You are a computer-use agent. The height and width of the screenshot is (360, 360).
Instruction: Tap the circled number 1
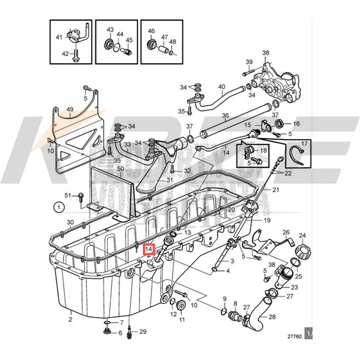coord(59,207)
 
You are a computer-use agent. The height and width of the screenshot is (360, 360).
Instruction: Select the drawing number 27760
coord(294,336)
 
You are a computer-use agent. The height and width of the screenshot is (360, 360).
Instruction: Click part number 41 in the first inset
coord(59,37)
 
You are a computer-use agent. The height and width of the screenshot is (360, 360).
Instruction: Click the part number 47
coord(164,37)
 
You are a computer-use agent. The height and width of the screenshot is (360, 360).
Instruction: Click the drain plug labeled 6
coord(106,331)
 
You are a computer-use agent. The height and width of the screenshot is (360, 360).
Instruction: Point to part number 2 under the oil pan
coord(70,319)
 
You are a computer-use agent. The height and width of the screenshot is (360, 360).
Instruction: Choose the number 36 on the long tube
coord(225,115)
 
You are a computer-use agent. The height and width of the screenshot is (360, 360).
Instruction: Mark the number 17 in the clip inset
coord(304,144)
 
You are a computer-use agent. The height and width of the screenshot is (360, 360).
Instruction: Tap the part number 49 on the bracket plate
coord(70,109)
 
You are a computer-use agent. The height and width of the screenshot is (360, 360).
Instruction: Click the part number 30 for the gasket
coord(70,222)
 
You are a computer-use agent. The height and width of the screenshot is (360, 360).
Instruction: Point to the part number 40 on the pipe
coord(221,87)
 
